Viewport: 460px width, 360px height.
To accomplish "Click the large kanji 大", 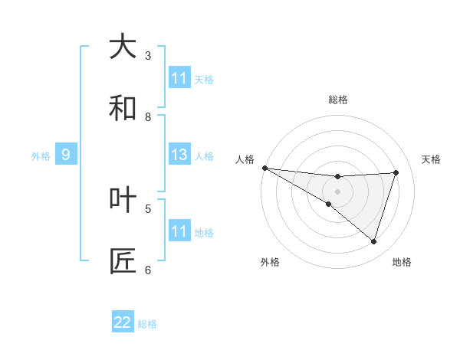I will (x=123, y=47).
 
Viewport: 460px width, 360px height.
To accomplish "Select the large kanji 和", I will (x=123, y=108).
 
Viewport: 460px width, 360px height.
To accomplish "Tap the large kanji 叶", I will (x=123, y=200).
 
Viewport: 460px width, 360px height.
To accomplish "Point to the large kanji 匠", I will (x=123, y=261).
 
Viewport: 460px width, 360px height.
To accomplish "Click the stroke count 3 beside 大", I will (x=148, y=55).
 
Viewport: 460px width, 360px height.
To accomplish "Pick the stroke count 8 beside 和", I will (x=148, y=116).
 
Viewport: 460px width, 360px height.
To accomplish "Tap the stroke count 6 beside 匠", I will (x=148, y=270).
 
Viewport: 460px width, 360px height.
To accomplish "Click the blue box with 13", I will (x=179, y=155).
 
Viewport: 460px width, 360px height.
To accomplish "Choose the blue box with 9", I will (x=66, y=155).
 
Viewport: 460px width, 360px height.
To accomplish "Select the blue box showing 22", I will (x=123, y=322).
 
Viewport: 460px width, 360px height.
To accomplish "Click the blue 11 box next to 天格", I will (x=179, y=78).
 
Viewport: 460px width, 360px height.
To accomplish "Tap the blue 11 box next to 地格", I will (x=179, y=231).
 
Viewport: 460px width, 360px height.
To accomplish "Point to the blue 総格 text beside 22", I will (x=147, y=324).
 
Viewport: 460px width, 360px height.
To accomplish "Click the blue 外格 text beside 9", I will (x=41, y=155).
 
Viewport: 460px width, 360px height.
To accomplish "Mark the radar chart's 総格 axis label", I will (x=338, y=100).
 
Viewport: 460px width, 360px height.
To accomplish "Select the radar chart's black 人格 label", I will (x=245, y=159).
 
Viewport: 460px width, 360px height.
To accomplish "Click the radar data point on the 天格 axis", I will (x=396, y=172).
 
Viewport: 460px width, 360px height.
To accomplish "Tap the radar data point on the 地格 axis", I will (x=373, y=241).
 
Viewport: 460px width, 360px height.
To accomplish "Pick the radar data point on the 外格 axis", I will (x=329, y=204).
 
